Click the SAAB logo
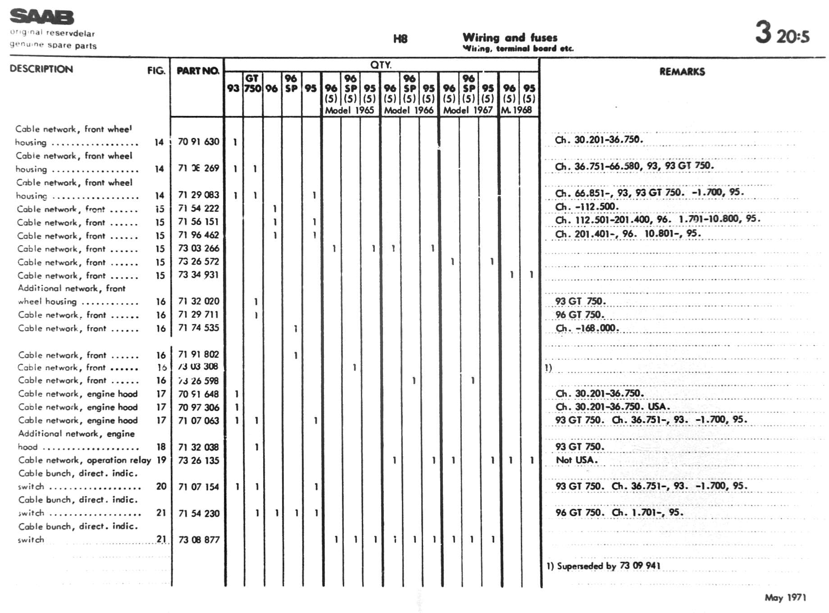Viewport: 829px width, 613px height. [x=42, y=17]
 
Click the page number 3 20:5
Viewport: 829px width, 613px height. [x=782, y=33]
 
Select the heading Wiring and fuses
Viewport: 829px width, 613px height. [x=510, y=37]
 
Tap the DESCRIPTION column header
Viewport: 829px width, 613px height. [x=41, y=69]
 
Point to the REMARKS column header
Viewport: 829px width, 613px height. [x=682, y=72]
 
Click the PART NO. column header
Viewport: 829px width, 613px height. [x=198, y=71]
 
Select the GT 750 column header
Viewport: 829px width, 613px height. [x=252, y=83]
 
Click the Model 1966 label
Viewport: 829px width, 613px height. [x=409, y=110]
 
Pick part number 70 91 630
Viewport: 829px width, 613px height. [x=198, y=142]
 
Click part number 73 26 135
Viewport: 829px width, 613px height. [x=198, y=460]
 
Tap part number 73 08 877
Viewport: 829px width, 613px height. [x=199, y=540]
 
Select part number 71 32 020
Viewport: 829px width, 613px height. [x=198, y=301]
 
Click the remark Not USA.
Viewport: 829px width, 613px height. [x=576, y=460]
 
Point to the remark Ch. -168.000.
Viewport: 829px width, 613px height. [x=587, y=328]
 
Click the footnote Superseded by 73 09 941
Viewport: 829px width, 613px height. [x=603, y=566]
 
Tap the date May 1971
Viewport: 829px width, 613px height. [x=785, y=598]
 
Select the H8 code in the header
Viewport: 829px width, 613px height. [x=400, y=39]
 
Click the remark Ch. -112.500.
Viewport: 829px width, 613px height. [x=587, y=207]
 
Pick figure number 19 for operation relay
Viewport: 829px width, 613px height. [x=161, y=460]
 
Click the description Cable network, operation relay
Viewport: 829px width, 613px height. [x=84, y=460]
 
